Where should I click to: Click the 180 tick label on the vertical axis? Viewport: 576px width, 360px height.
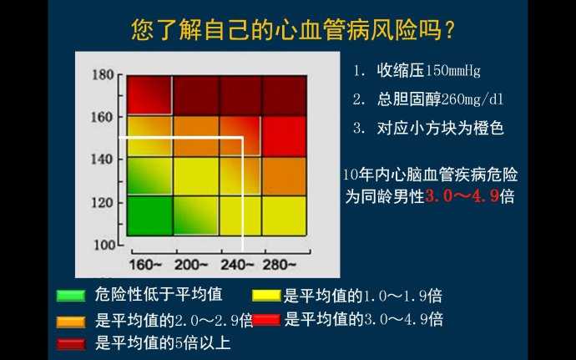tap(103, 75)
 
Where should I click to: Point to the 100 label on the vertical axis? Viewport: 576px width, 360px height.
tap(104, 245)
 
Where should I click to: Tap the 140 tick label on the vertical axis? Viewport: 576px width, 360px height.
tap(102, 160)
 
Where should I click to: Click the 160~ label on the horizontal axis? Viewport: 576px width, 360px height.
tap(145, 265)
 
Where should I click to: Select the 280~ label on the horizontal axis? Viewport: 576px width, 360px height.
tap(279, 265)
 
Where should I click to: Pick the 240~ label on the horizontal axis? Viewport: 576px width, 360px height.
tap(237, 265)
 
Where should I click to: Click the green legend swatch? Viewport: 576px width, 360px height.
tap(71, 296)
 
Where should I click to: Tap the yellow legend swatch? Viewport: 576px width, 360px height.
tap(266, 296)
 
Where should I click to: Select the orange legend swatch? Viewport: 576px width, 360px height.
tap(71, 322)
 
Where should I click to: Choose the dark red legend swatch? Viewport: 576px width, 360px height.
tap(71, 344)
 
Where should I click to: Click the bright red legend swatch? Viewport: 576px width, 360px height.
tap(266, 319)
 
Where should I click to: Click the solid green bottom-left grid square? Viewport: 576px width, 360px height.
tap(149, 215)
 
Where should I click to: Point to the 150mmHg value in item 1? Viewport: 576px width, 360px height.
tap(452, 71)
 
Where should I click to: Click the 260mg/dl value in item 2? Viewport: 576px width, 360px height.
tap(472, 99)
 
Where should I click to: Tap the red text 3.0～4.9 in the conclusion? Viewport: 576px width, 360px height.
tap(462, 196)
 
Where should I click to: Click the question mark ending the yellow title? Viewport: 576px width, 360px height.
tap(449, 30)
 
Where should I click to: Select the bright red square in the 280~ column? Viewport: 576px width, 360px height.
tap(284, 137)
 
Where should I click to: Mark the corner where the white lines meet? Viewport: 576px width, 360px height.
tap(242, 139)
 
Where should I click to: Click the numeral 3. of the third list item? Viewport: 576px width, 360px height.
tap(359, 128)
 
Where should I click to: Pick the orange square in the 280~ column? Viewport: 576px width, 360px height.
tap(284, 176)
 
